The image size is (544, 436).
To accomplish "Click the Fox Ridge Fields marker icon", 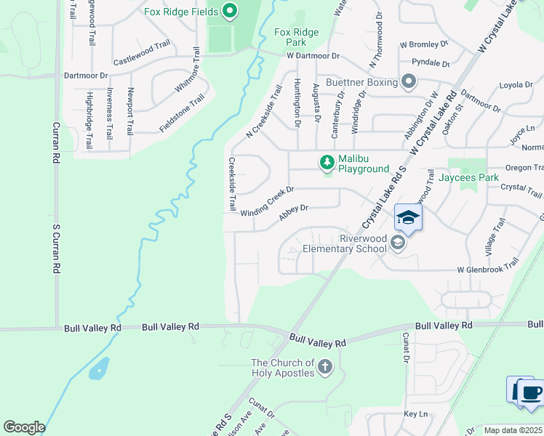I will click(x=230, y=10).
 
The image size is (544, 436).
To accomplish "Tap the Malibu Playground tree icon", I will click(x=327, y=161).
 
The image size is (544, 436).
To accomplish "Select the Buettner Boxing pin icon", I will click(x=409, y=82).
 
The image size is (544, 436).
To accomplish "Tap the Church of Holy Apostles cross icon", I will click(x=324, y=368).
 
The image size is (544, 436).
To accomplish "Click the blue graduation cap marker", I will click(x=408, y=217).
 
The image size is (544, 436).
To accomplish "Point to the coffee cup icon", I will click(x=531, y=392).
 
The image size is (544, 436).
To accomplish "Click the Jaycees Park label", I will click(x=473, y=177).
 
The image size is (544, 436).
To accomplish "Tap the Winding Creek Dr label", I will click(x=266, y=201).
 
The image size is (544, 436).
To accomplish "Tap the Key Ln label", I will click(x=414, y=413).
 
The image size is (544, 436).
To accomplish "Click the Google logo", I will click(x=24, y=427).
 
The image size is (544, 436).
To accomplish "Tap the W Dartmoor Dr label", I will click(x=313, y=56).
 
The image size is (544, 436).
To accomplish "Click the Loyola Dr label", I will click(x=516, y=85).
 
